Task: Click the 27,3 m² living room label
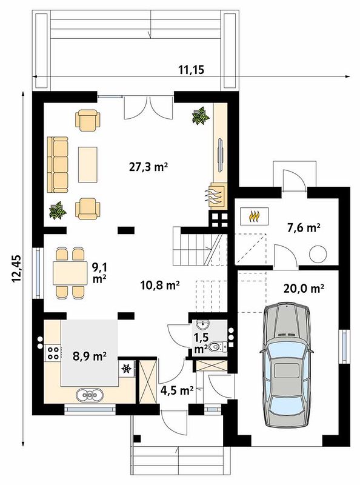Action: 148,167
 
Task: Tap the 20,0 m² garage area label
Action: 304,289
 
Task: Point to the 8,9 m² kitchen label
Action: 90,356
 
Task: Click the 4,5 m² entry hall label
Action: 177,390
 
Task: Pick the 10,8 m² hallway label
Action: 160,284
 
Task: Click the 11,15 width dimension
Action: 192,70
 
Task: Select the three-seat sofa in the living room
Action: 58,165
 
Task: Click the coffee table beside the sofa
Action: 88,164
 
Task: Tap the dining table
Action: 70,273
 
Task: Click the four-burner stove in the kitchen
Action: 53,353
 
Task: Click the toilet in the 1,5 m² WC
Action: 218,347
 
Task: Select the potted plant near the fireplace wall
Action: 201,116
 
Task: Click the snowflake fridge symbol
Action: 126,369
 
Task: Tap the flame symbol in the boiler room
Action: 254,216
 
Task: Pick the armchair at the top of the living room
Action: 88,120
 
